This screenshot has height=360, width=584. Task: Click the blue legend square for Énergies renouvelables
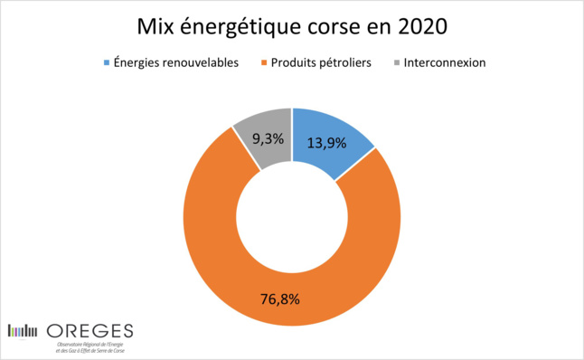pyautogui.click(x=108, y=63)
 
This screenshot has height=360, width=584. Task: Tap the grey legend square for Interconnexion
pyautogui.click(x=398, y=63)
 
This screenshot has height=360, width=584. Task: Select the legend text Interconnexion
pyautogui.click(x=446, y=63)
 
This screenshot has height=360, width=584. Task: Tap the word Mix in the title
pyautogui.click(x=156, y=24)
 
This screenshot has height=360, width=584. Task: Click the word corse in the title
pyautogui.click(x=329, y=24)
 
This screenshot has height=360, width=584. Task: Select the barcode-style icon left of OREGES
pyautogui.click(x=23, y=330)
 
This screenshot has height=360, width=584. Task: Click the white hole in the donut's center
pyautogui.click(x=291, y=215)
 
